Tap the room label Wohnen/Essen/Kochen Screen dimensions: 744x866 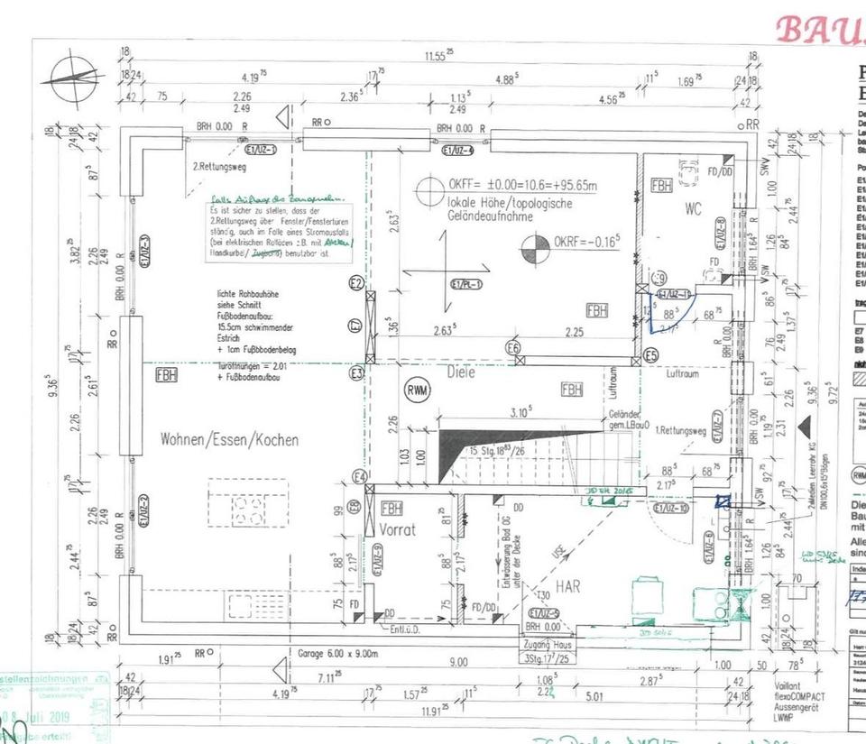[229, 440]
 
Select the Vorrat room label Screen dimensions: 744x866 [397, 529]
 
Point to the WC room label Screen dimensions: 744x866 [693, 209]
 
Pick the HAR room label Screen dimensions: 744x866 [567, 586]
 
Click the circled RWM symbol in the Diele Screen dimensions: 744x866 [418, 389]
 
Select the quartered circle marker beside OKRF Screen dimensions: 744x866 [535, 249]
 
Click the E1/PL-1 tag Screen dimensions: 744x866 [466, 285]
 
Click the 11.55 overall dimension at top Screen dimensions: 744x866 [440, 56]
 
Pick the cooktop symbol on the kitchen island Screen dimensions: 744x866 [248, 510]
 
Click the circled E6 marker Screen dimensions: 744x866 [512, 348]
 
